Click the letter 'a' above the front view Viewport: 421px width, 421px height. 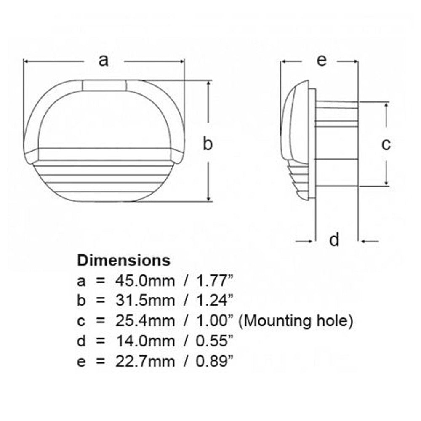[104, 60]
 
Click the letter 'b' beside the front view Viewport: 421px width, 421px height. [208, 143]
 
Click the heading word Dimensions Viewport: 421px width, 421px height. [124, 260]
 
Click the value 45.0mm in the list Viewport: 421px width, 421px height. [145, 281]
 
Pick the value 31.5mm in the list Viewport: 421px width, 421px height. [145, 301]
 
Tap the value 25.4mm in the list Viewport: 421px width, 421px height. [145, 321]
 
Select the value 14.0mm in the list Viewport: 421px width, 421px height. [145, 341]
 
